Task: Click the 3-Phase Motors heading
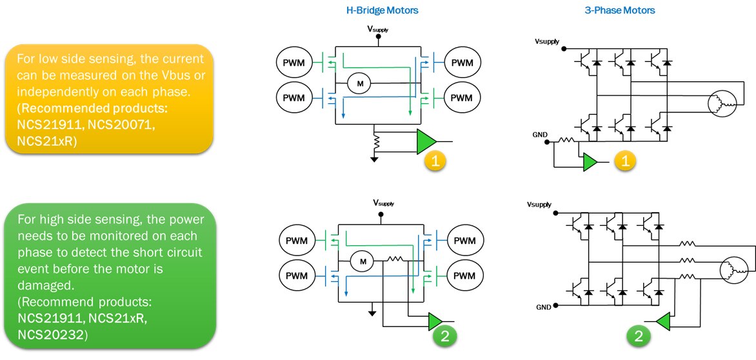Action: pyautogui.click(x=624, y=10)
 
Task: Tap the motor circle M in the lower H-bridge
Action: pyautogui.click(x=362, y=261)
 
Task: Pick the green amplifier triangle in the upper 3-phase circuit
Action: pyautogui.click(x=590, y=163)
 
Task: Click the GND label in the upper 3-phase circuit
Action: pyautogui.click(x=541, y=135)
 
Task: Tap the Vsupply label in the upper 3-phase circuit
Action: pyautogui.click(x=547, y=42)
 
